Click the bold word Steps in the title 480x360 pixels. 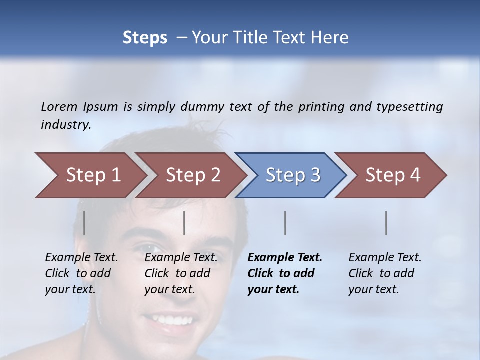(145, 37)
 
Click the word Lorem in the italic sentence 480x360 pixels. (59, 106)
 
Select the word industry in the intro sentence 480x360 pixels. (65, 124)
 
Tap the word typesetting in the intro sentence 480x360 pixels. (409, 106)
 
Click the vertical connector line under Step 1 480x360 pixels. (84, 223)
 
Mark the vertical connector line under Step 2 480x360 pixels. (184, 223)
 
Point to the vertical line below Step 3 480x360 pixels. (285, 223)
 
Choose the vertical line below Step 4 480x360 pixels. (386, 223)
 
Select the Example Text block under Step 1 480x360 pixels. (81, 273)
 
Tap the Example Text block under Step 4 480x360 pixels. (384, 273)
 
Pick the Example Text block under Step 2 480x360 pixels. (180, 273)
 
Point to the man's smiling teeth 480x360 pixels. (169, 318)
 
